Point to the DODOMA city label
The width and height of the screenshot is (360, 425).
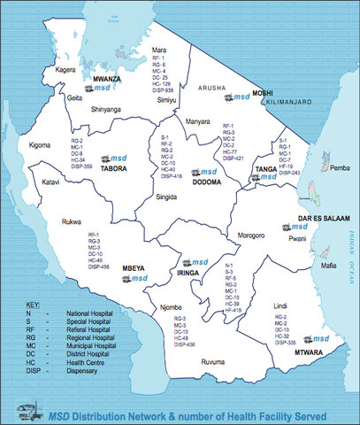point(206,182)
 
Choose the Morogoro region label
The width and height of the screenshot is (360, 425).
point(247,236)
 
